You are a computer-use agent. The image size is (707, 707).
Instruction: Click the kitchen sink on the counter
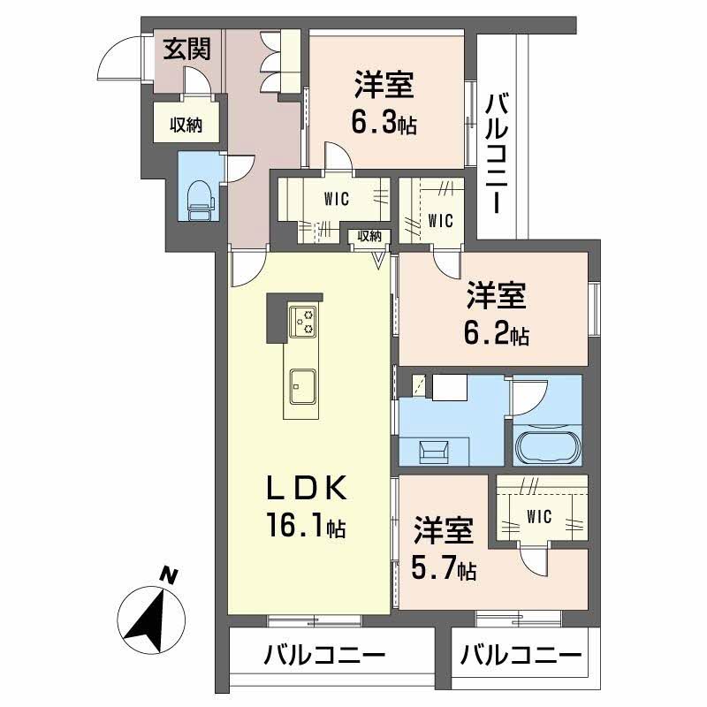pos(302,384)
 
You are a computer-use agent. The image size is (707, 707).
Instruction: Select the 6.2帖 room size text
pos(496,335)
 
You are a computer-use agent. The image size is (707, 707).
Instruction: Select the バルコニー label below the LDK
pos(323,657)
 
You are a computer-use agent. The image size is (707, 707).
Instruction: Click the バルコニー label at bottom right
pos(521,657)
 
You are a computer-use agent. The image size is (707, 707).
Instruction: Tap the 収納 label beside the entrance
pos(186,125)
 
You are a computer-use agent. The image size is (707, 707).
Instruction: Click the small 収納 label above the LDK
pos(369,236)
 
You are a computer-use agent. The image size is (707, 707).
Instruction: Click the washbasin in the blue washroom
pos(436,450)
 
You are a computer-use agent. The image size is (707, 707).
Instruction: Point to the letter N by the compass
pos(169,576)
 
